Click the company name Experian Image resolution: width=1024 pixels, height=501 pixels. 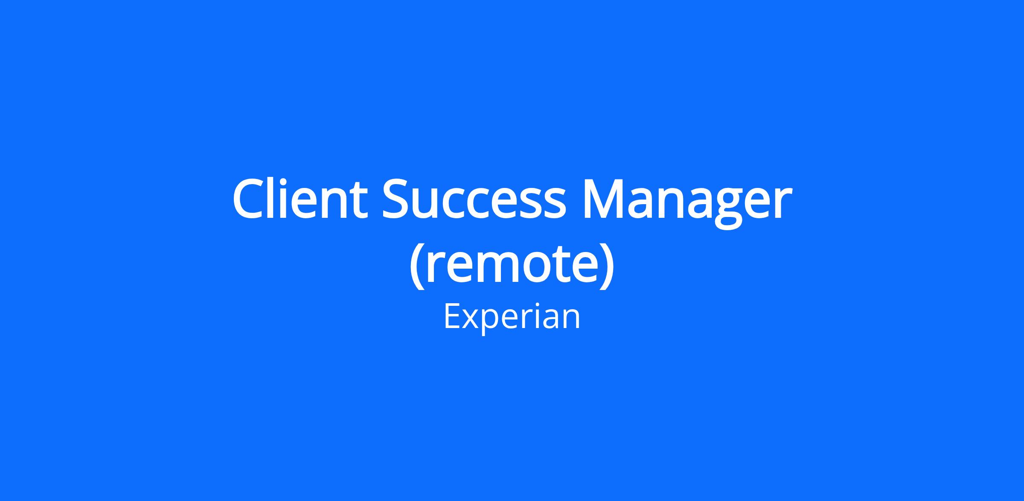click(512, 317)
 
